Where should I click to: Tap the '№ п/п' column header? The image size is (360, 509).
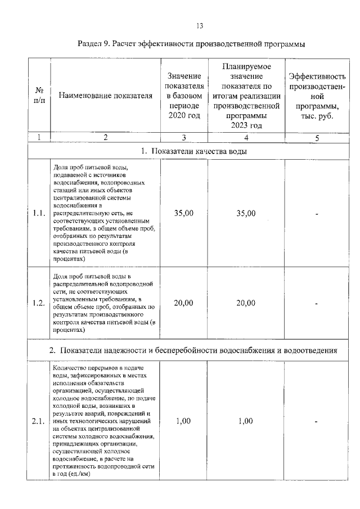[39, 96]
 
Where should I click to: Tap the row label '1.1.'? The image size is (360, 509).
[39, 213]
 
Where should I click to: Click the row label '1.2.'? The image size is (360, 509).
[39, 303]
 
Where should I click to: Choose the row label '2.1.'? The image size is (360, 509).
[39, 421]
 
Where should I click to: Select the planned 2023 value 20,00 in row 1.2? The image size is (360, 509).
[246, 303]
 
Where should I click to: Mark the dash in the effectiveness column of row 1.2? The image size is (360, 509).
[317, 304]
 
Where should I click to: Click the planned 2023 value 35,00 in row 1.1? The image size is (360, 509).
[246, 213]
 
